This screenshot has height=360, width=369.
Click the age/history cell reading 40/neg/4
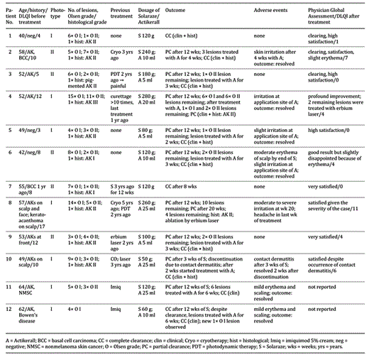pos(29,34)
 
